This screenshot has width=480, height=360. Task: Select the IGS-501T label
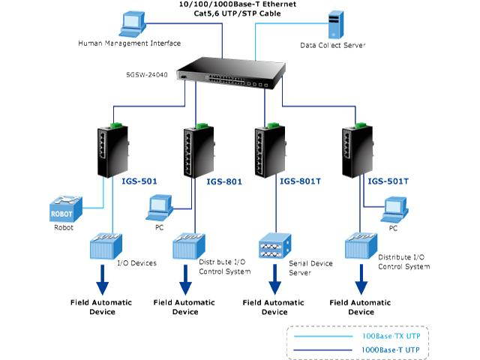388,181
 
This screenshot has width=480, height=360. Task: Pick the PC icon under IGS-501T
394,208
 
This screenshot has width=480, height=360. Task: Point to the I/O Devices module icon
102,248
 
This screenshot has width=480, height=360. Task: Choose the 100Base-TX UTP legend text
391,337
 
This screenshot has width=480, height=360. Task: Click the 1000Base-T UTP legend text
391,349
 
